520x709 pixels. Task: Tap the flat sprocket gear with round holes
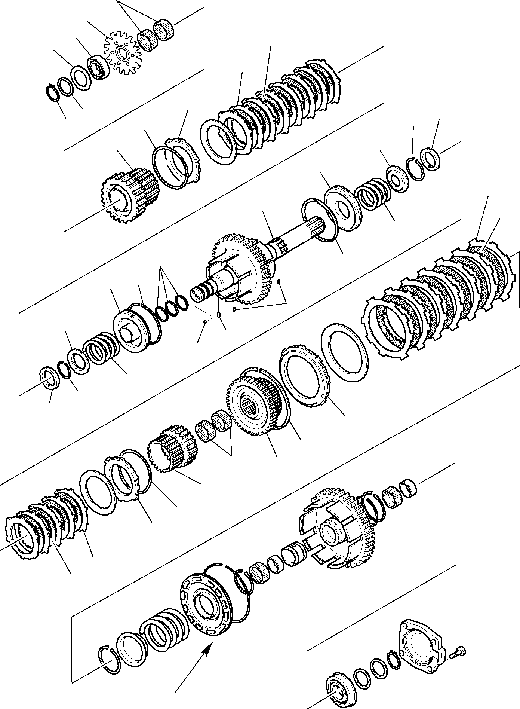click(121, 53)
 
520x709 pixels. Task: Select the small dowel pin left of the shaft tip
click(205, 321)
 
